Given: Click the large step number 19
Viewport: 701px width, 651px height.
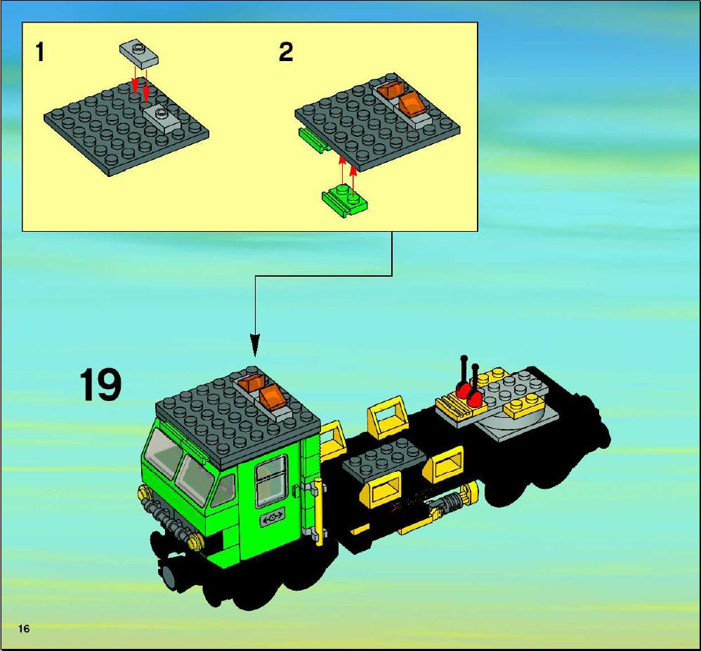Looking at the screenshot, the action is [x=100, y=385].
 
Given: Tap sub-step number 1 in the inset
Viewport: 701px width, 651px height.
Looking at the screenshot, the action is [x=40, y=52].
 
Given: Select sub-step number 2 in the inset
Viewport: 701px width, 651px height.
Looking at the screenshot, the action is [x=286, y=52].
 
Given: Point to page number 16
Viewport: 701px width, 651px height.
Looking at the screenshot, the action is [x=24, y=629].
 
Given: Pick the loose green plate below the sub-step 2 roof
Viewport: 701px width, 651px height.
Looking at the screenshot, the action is [x=345, y=202].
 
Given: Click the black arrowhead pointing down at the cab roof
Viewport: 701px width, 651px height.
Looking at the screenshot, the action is [x=255, y=346].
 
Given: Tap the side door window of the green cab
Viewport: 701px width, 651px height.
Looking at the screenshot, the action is [x=271, y=482].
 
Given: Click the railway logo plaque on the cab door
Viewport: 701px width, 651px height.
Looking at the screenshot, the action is [x=273, y=518].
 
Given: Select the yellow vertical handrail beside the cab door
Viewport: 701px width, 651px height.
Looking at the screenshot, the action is [x=318, y=511].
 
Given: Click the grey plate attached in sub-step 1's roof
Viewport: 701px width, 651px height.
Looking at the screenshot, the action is [x=162, y=118].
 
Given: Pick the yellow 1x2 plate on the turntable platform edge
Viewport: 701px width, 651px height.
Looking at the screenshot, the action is [x=524, y=406].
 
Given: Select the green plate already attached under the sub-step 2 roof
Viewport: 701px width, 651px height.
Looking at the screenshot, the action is [x=313, y=140].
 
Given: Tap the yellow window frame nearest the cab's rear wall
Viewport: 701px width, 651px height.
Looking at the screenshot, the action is [x=333, y=440].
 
